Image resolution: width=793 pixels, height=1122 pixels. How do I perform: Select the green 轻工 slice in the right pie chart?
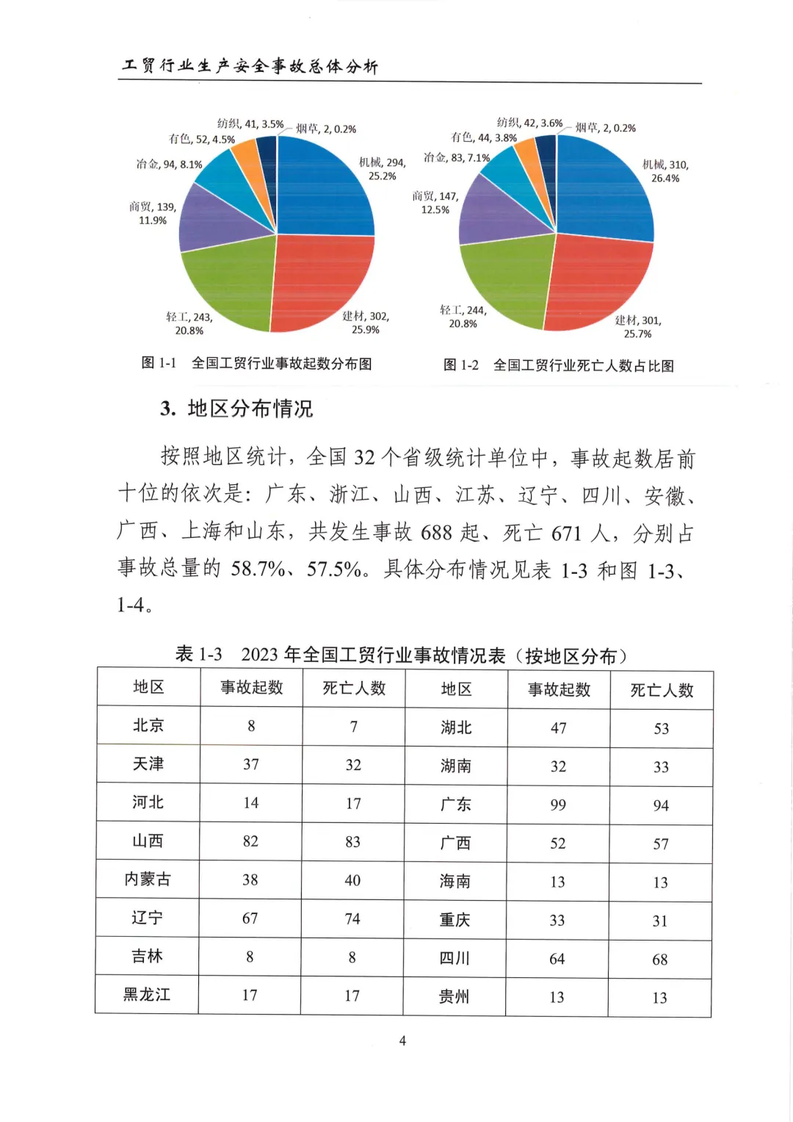click(x=507, y=283)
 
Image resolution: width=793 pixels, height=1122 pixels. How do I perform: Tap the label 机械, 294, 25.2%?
click(x=382, y=169)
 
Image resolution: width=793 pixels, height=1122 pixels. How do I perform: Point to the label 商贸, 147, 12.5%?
click(x=435, y=203)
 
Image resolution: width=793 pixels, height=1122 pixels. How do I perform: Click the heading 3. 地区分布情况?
click(x=236, y=409)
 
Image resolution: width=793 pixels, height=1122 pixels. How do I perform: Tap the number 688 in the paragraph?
click(x=436, y=532)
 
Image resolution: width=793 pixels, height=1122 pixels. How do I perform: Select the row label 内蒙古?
click(x=148, y=880)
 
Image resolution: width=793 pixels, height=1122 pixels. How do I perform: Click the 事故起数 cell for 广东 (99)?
click(x=558, y=805)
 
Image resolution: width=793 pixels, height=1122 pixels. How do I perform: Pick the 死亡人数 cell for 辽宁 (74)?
click(x=352, y=918)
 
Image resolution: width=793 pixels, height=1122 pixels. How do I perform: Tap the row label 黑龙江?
click(x=147, y=995)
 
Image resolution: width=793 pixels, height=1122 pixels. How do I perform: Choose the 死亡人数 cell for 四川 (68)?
click(x=660, y=960)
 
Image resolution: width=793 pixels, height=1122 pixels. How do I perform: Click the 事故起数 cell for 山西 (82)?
click(x=250, y=841)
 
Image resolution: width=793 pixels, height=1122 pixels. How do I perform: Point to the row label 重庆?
click(x=455, y=920)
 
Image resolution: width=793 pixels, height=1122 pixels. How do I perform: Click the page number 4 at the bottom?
click(x=402, y=1040)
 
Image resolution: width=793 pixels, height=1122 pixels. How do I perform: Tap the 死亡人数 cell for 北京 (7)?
click(x=354, y=727)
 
